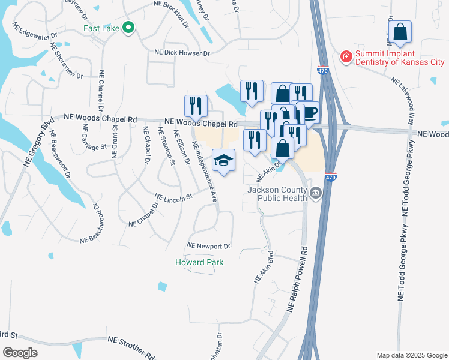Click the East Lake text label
click(x=101, y=28)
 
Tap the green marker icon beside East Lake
click(x=128, y=28)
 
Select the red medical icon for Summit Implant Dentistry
click(x=346, y=58)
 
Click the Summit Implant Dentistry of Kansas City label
click(x=400, y=58)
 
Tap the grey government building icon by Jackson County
click(x=315, y=193)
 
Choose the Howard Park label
click(x=199, y=262)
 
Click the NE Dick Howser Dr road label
click(x=182, y=53)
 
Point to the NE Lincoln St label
click(x=173, y=196)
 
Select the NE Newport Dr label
click(x=209, y=246)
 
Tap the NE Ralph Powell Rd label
click(x=298, y=279)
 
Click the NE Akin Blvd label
click(x=264, y=268)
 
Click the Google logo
click(x=20, y=353)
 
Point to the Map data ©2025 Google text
click(x=411, y=355)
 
